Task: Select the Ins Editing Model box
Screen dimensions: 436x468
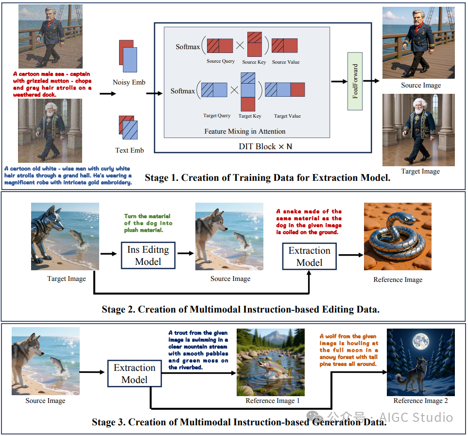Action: pyautogui.click(x=148, y=255)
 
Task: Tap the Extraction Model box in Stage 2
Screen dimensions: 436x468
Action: pyautogui.click(x=309, y=256)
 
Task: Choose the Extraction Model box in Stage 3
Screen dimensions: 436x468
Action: pyautogui.click(x=134, y=373)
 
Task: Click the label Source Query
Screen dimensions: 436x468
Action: pyautogui.click(x=220, y=61)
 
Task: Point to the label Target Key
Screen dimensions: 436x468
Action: pyautogui.click(x=250, y=116)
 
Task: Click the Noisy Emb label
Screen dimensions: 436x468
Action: pyautogui.click(x=129, y=82)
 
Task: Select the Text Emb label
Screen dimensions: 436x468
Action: pyautogui.click(x=129, y=150)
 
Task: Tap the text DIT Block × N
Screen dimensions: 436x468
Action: pyautogui.click(x=262, y=146)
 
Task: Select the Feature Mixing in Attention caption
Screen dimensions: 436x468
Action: pyautogui.click(x=244, y=131)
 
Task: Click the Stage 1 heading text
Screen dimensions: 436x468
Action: pyautogui.click(x=267, y=178)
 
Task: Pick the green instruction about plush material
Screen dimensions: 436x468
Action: pyautogui.click(x=147, y=223)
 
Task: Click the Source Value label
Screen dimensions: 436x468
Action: pyautogui.click(x=285, y=62)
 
